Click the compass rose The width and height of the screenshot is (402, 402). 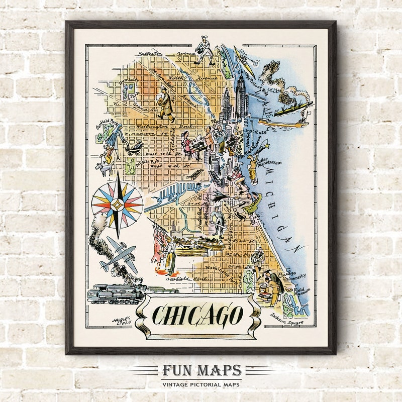click(x=117, y=205)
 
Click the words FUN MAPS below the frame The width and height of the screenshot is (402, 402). click(x=201, y=371)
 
